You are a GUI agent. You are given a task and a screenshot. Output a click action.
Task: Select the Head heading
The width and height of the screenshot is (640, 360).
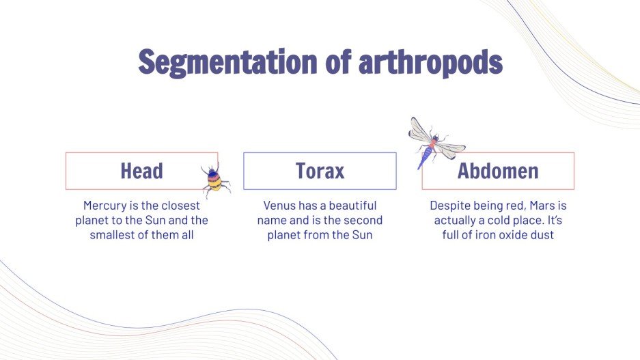(x=141, y=171)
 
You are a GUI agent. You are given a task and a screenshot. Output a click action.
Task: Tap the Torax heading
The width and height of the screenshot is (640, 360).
(x=320, y=171)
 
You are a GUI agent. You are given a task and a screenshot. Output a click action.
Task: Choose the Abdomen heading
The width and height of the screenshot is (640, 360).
(x=498, y=171)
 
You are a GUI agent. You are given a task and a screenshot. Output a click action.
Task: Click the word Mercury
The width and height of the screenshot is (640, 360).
(x=105, y=206)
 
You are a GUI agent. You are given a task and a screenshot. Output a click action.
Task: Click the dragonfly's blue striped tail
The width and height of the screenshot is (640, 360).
(x=424, y=158)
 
